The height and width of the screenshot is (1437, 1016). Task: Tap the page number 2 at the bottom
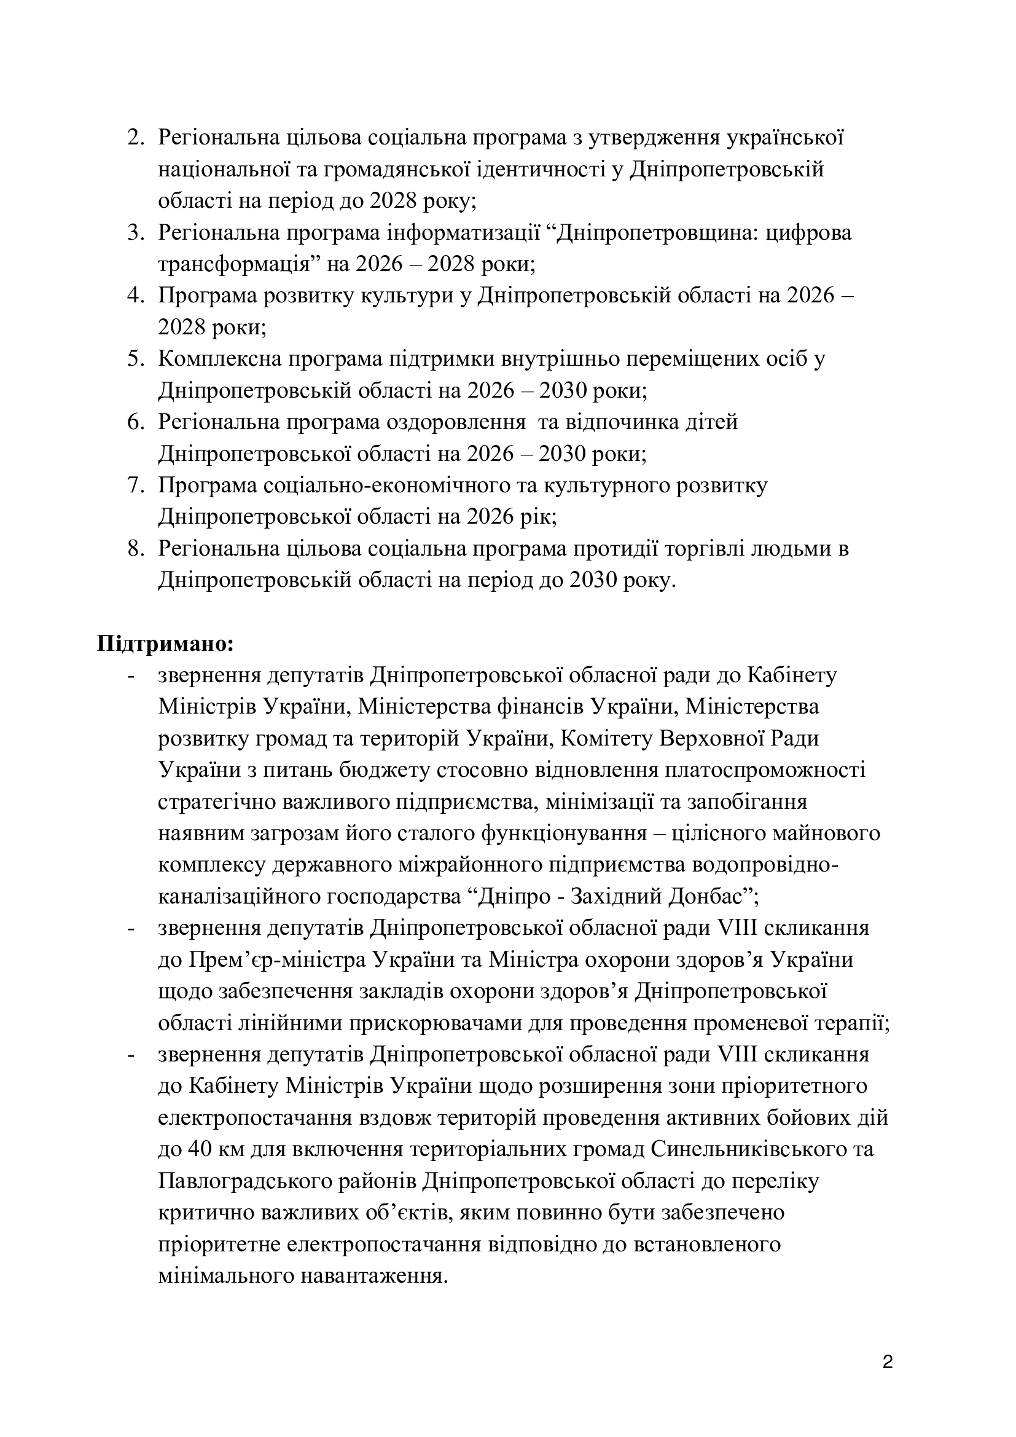coord(887,1363)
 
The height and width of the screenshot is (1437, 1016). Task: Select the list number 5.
coord(135,359)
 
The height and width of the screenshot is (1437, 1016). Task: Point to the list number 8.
coord(135,549)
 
